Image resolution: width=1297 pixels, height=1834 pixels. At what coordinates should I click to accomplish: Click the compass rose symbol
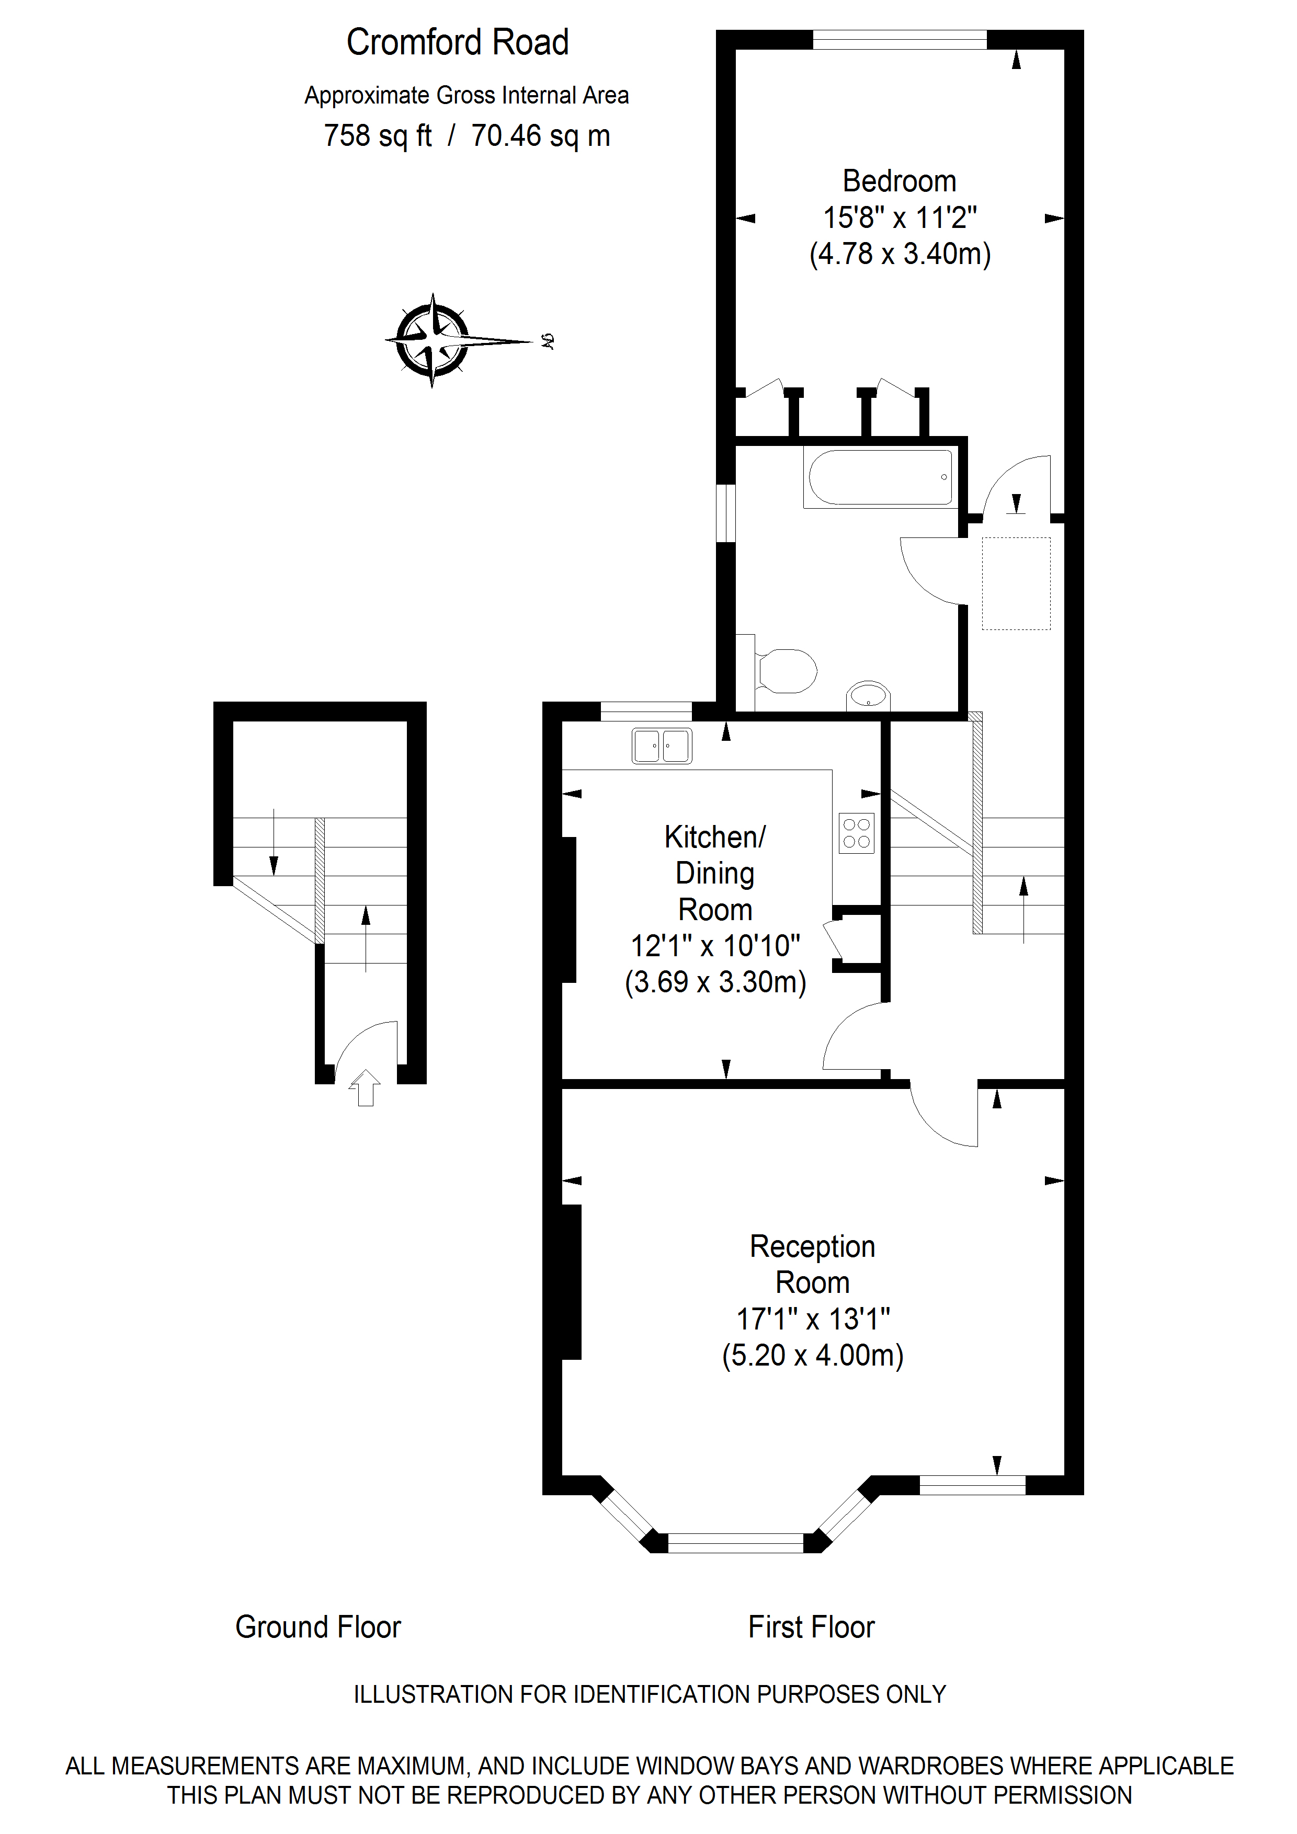(x=433, y=340)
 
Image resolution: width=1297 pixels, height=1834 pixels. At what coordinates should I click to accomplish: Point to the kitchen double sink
(x=662, y=746)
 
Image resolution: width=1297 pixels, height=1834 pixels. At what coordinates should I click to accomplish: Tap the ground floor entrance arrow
(x=365, y=1088)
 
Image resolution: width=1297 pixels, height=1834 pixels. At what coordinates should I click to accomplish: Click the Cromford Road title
(x=457, y=42)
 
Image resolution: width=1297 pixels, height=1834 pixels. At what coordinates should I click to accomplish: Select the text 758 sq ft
(x=377, y=136)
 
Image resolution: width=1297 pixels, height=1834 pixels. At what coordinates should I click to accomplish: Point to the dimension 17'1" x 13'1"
(x=813, y=1319)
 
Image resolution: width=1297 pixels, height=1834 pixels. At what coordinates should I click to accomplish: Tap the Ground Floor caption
(x=317, y=1627)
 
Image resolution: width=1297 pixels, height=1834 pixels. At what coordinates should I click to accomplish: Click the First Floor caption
(x=811, y=1627)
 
